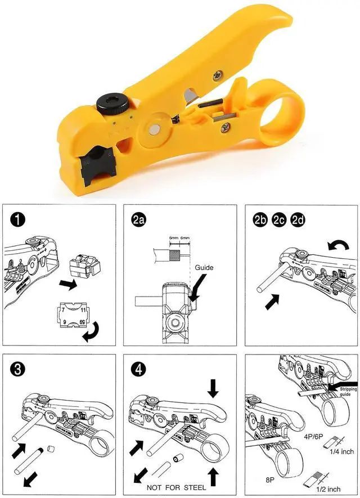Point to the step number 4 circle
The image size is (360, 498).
[139, 370]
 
